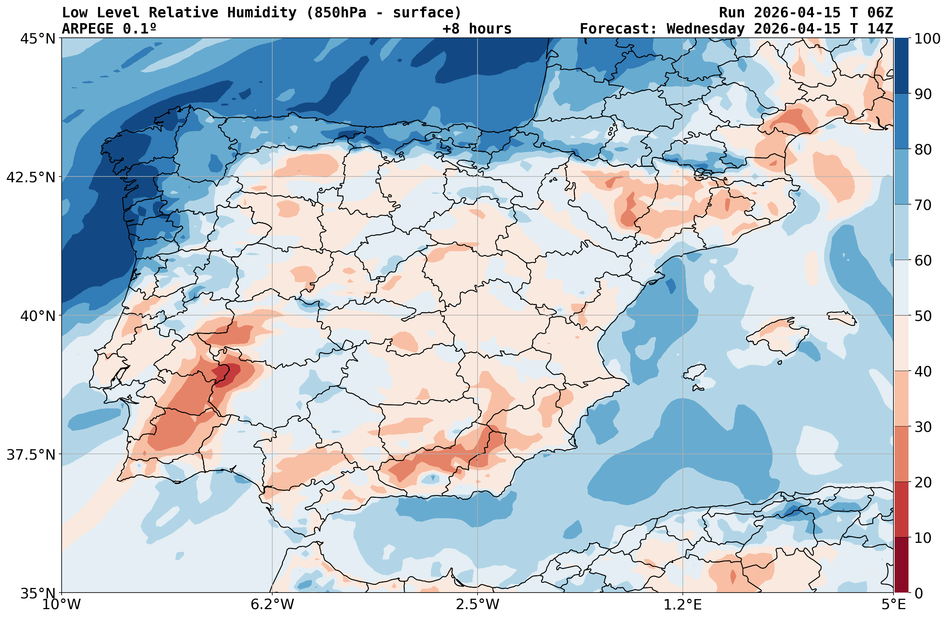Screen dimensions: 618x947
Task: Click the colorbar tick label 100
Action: tap(927, 39)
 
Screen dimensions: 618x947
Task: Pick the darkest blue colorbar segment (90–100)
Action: tap(902, 66)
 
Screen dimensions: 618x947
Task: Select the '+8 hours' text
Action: tap(477, 29)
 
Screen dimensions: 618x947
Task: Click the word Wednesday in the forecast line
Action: tap(705, 29)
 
